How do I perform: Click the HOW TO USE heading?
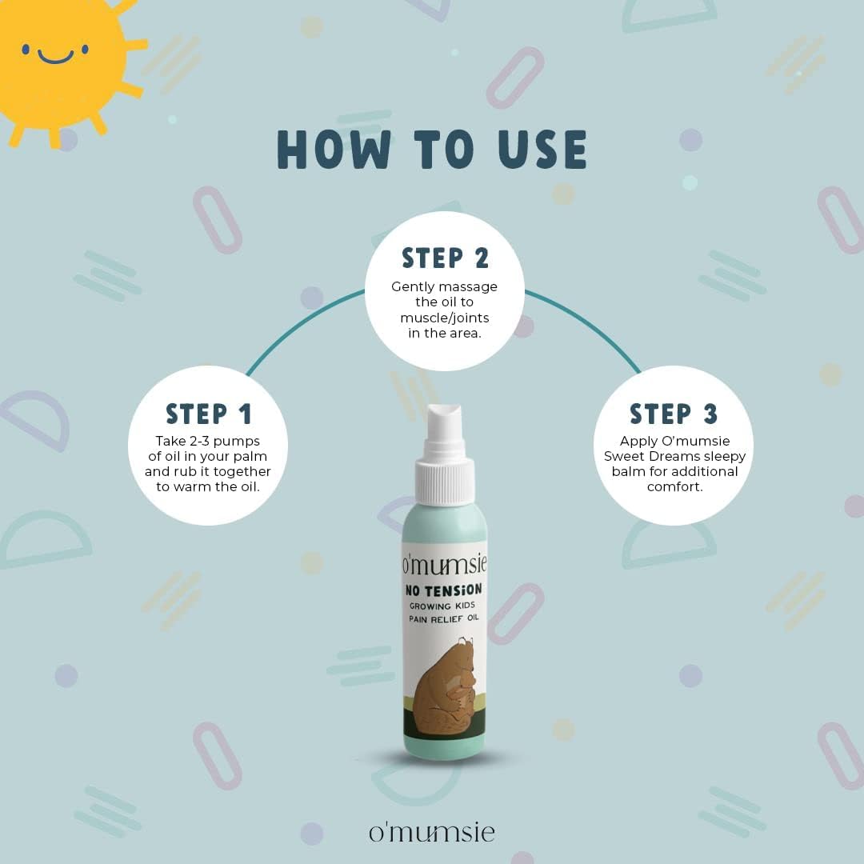(x=432, y=150)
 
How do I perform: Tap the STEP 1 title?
(x=209, y=414)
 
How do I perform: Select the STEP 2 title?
(x=446, y=258)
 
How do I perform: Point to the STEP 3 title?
(x=674, y=414)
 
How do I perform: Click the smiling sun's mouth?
(x=55, y=58)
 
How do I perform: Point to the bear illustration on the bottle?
(x=444, y=686)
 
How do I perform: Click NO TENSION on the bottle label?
(x=443, y=590)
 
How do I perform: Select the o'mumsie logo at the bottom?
(x=432, y=831)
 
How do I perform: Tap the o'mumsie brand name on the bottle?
(x=444, y=564)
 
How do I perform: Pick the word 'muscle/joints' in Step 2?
(x=445, y=318)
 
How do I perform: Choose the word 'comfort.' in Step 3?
(x=675, y=486)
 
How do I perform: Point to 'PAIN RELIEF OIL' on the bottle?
(x=443, y=618)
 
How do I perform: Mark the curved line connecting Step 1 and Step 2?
(x=301, y=326)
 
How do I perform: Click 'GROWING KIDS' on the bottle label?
(x=442, y=606)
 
